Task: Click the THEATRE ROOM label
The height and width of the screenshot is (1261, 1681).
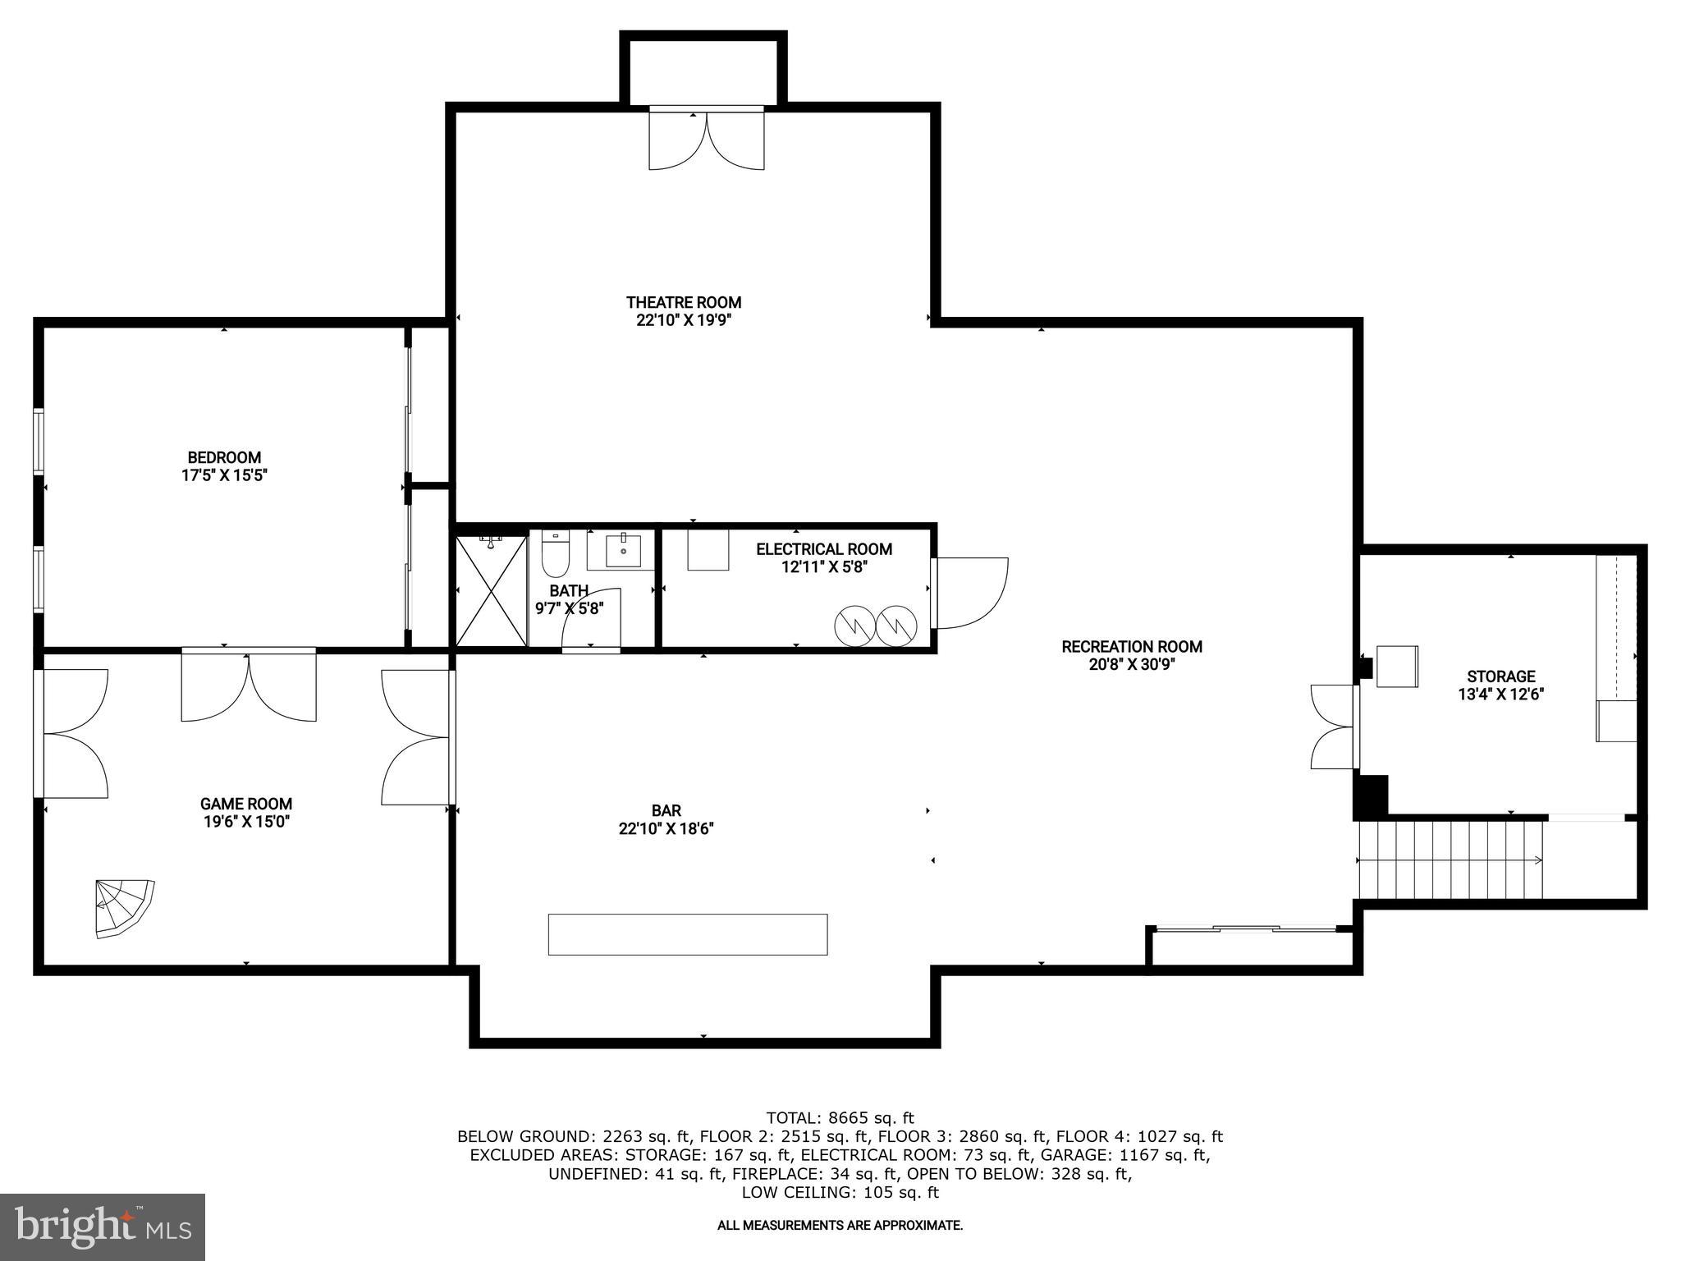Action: (x=684, y=303)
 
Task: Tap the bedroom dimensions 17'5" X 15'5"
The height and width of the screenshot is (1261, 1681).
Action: (x=224, y=475)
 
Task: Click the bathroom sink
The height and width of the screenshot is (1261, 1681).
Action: (x=622, y=550)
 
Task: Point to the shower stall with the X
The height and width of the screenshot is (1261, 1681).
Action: (x=491, y=590)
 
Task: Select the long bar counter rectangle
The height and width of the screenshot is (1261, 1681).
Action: (x=687, y=934)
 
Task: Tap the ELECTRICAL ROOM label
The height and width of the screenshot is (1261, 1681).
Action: (x=823, y=549)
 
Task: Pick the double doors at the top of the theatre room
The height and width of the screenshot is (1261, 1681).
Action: (x=706, y=140)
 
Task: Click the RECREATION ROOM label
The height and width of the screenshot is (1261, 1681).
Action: (x=1131, y=647)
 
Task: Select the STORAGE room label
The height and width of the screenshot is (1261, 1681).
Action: (x=1500, y=676)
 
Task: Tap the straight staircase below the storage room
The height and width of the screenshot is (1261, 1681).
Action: (x=1450, y=860)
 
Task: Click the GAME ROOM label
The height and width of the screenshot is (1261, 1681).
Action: (x=246, y=804)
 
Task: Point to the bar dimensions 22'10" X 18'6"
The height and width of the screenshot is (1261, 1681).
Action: (x=666, y=829)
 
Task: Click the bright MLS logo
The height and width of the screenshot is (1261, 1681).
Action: (x=103, y=1227)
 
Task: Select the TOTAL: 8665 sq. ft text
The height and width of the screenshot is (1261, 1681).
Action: (x=839, y=1117)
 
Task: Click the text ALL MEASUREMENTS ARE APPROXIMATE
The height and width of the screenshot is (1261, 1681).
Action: (x=839, y=1225)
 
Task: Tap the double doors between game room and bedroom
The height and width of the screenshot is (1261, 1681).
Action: (x=248, y=686)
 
